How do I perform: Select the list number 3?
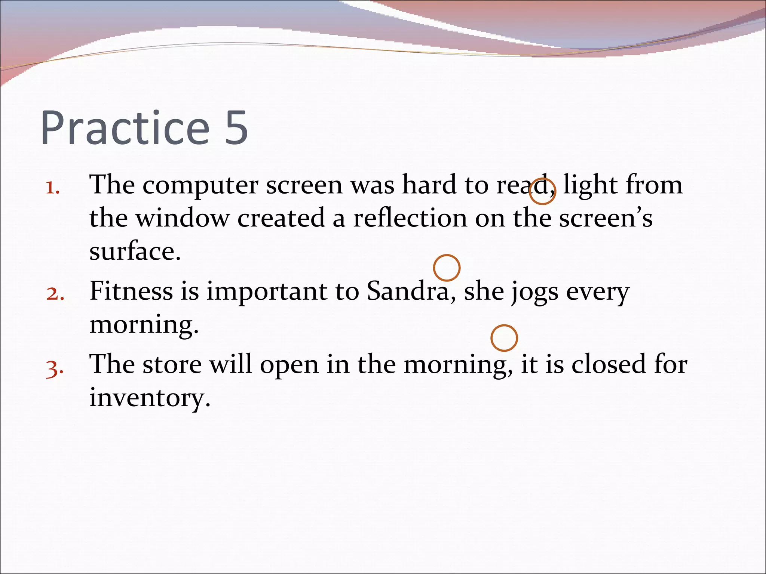[x=55, y=368]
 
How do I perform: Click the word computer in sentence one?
[x=200, y=186]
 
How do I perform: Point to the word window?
[x=182, y=219]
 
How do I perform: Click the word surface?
[x=135, y=251]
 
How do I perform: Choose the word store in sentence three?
[x=172, y=364]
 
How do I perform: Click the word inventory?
[x=150, y=398]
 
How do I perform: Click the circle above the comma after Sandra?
[x=447, y=268]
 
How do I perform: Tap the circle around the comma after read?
[x=542, y=191]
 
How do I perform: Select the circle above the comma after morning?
[x=504, y=338]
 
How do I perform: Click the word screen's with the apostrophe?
[x=606, y=219]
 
